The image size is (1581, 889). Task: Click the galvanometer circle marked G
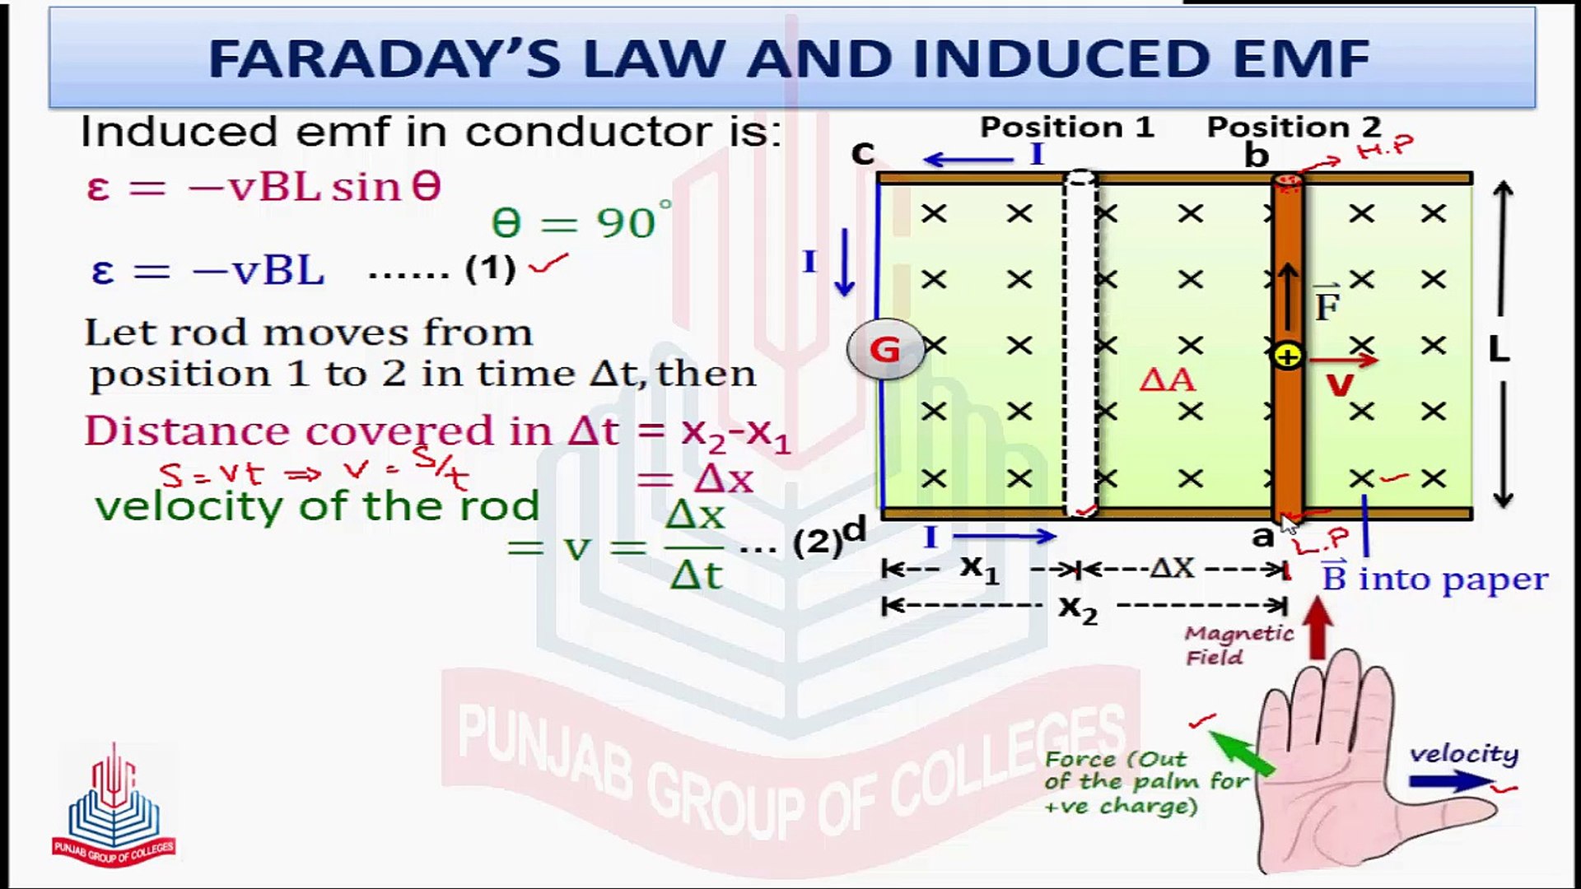pos(885,350)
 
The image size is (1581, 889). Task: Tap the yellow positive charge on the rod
pos(1287,356)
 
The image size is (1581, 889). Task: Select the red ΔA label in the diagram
pos(1167,379)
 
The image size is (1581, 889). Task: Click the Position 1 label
pos(1066,127)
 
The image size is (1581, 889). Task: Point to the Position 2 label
pos(1293,127)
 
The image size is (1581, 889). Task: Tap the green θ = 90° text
pos(581,222)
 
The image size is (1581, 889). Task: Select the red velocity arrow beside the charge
pos(1342,360)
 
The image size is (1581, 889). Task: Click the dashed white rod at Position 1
pos(1080,346)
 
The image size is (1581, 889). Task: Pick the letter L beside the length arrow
pos(1499,351)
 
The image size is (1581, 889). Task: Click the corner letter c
pos(862,152)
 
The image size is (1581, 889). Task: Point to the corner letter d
pos(856,529)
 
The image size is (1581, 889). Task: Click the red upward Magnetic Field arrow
pos(1318,628)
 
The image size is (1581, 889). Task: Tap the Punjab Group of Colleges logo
pos(113,807)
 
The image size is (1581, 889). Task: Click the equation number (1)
pos(491,269)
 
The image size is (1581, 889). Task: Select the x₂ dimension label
pos(1078,608)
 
